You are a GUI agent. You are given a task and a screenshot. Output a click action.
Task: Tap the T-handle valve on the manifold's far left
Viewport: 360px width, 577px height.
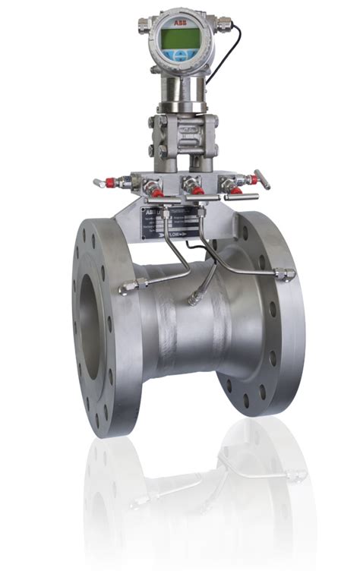(x=101, y=183)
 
